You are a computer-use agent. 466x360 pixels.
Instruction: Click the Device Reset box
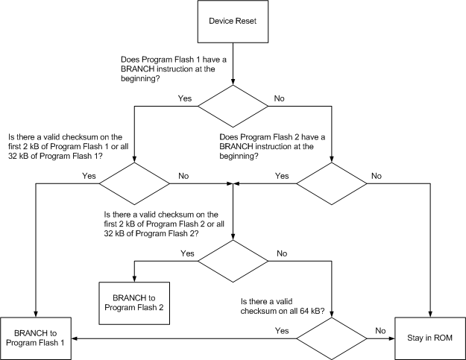(234, 21)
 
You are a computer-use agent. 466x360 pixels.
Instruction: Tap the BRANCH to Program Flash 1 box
(36, 336)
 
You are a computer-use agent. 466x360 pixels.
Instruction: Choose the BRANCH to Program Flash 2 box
(134, 302)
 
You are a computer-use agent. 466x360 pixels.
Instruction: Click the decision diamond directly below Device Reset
(234, 107)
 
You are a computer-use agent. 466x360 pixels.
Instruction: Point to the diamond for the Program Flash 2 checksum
(233, 260)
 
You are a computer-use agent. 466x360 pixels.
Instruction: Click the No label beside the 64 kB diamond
(380, 329)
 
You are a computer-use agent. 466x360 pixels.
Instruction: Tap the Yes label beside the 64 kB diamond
(282, 329)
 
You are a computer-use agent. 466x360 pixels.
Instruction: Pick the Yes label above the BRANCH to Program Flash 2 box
(187, 253)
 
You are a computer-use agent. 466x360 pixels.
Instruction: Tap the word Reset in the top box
(250, 21)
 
